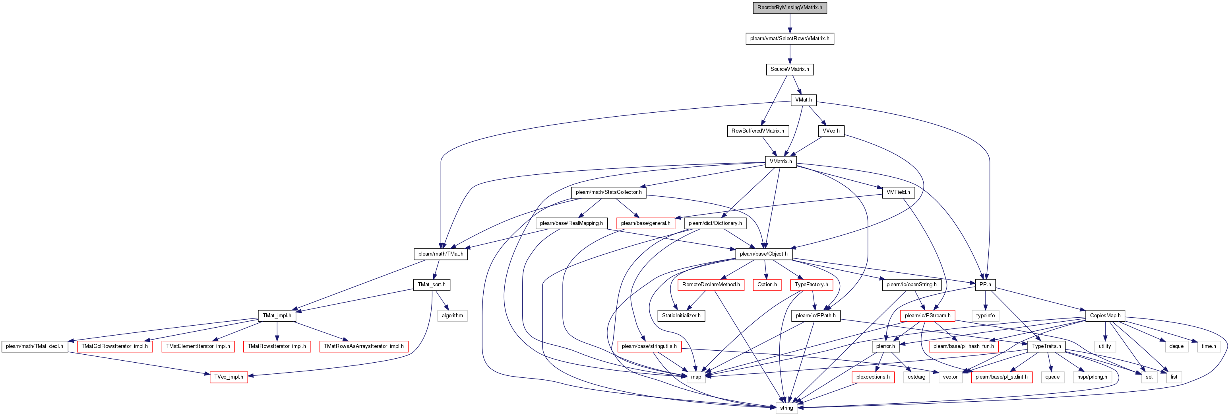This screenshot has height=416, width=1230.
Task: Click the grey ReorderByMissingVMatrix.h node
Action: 789,8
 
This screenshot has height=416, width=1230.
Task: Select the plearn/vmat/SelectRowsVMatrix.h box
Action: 789,38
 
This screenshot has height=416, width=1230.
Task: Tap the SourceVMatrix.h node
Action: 789,69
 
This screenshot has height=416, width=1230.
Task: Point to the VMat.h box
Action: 803,100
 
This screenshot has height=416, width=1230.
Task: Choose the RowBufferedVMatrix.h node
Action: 757,131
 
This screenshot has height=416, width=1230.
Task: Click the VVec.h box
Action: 831,131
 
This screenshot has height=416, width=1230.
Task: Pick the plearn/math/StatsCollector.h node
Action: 608,192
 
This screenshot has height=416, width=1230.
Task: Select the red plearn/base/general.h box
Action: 645,223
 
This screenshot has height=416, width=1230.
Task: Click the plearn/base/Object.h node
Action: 763,254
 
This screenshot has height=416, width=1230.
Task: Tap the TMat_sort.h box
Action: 431,285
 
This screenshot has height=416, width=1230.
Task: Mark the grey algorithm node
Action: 452,316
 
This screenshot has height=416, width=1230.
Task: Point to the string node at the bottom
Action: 786,408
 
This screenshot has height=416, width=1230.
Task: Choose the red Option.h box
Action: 767,285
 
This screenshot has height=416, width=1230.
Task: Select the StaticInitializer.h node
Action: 681,316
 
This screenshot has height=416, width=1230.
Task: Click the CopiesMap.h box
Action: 1105,316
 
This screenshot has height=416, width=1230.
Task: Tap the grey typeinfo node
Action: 985,316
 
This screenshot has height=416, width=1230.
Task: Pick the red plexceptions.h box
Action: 872,377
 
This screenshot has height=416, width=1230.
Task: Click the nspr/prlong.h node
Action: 1092,377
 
